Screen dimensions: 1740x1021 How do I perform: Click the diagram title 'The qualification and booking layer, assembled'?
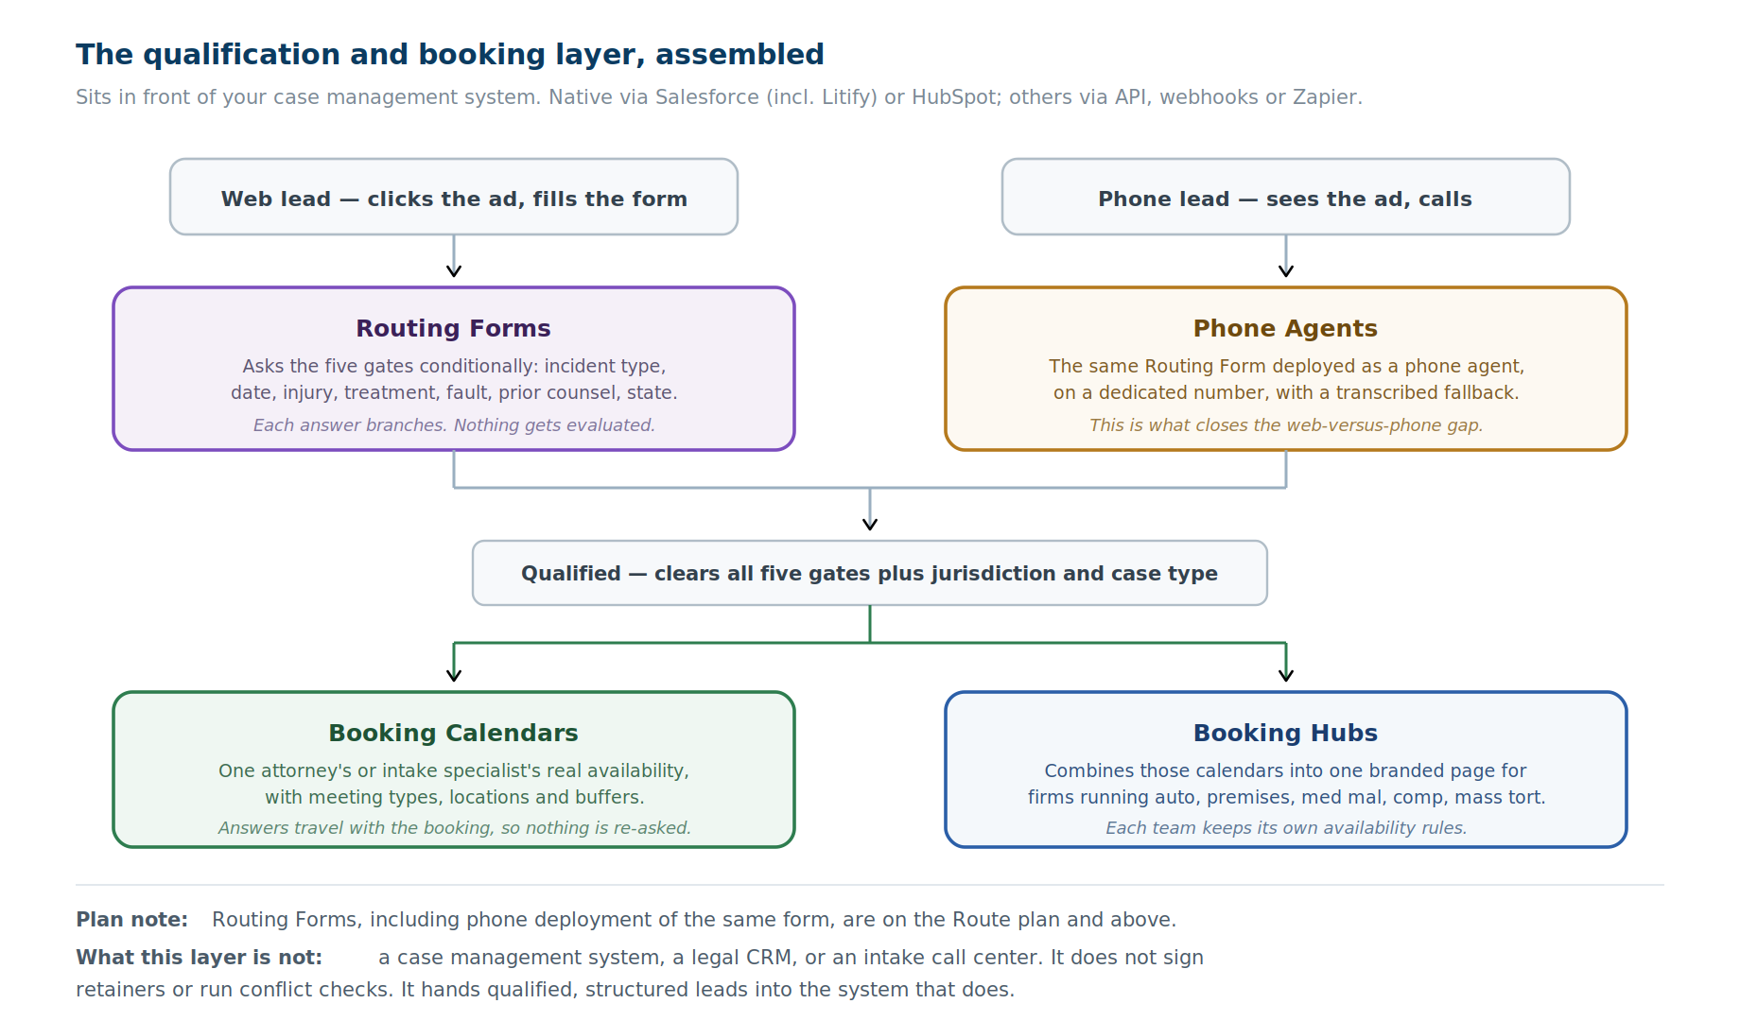[x=450, y=55]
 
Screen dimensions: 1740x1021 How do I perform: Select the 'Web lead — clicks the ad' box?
[x=454, y=197]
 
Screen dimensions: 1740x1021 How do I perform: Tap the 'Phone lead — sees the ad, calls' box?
[x=1286, y=197]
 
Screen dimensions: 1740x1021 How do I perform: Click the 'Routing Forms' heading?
[x=453, y=328]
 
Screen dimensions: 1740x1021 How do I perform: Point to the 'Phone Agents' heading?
[x=1285, y=328]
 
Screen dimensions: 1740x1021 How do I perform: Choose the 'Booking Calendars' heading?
[x=453, y=733]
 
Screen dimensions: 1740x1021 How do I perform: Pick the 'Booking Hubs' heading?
[x=1285, y=733]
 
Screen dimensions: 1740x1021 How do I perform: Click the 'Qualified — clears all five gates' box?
[x=870, y=573]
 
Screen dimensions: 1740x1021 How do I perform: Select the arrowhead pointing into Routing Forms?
[x=454, y=271]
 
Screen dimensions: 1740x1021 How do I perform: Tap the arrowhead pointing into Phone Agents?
[x=1286, y=271]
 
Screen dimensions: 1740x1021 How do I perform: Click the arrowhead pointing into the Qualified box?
[x=870, y=525]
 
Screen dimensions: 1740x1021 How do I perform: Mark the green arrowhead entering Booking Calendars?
[x=454, y=675]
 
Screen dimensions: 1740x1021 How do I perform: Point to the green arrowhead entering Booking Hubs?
[x=1286, y=675]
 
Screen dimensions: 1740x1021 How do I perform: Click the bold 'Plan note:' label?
[x=132, y=920]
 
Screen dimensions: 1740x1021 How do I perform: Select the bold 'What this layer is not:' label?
[x=200, y=958]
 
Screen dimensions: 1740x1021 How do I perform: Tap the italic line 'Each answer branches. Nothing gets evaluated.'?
[x=454, y=425]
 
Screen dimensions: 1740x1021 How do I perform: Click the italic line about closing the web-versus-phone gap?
[x=1286, y=425]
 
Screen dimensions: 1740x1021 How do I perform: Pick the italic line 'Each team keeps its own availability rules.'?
[x=1286, y=828]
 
